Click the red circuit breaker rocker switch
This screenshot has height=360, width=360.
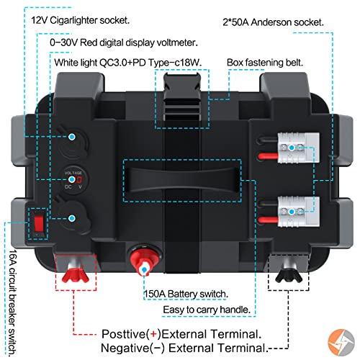(x=38, y=223)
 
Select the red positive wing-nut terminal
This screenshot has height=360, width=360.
(x=76, y=272)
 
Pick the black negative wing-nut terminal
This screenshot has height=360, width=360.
(x=289, y=272)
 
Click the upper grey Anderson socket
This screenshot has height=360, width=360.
(x=299, y=148)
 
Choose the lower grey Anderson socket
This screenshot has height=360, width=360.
(x=299, y=212)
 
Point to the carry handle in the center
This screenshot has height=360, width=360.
(x=182, y=180)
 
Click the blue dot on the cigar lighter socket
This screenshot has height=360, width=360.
(x=72, y=137)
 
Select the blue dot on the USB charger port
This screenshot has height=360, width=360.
(x=72, y=218)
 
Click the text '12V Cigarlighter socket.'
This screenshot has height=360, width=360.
(x=81, y=20)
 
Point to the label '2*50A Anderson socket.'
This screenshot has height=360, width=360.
(x=273, y=22)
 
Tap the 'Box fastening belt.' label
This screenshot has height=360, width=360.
(x=265, y=63)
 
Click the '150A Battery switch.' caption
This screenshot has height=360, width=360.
(x=186, y=294)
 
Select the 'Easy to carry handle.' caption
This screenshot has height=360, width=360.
(x=207, y=310)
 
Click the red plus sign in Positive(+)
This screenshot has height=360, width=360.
(x=153, y=334)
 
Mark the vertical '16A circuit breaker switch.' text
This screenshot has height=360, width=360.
(x=13, y=303)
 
